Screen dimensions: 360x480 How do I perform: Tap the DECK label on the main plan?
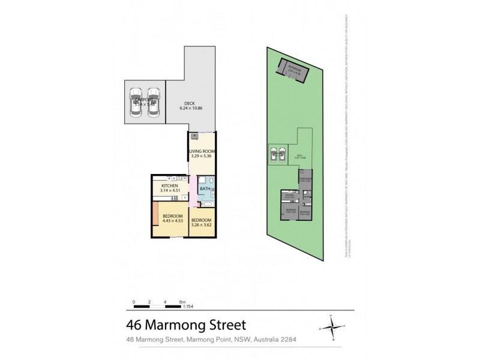190,104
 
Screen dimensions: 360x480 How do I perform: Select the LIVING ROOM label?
202,151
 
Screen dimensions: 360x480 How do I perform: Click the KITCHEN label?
170,187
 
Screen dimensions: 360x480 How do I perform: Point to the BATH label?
205,189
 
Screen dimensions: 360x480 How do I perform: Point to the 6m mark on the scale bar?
183,301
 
